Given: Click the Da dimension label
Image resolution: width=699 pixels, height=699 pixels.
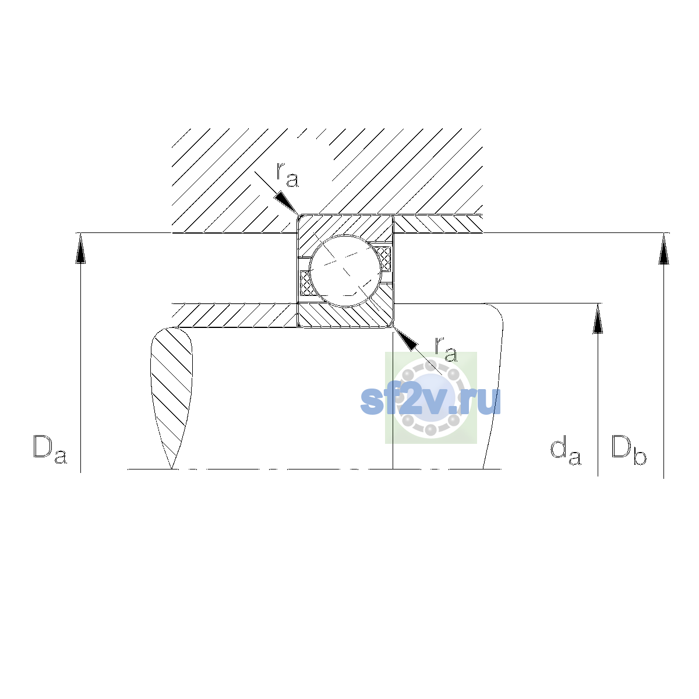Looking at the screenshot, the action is pos(50,450).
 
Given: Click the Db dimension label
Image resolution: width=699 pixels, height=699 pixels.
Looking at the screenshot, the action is pos(629,450).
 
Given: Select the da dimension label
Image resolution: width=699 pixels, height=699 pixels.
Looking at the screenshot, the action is pos(566,450).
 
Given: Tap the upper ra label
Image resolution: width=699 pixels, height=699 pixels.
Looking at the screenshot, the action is pos(287,175).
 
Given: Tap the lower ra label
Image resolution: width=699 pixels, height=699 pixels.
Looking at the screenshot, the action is pos(446,349).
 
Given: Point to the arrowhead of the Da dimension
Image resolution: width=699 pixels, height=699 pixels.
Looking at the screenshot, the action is pos(80,249).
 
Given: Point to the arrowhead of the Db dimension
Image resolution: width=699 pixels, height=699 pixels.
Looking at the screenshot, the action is pos(664,249).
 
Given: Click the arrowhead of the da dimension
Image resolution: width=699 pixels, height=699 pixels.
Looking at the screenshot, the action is pos(598,319).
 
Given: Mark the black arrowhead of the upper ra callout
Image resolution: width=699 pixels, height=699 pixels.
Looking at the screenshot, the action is pos(287,203).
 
